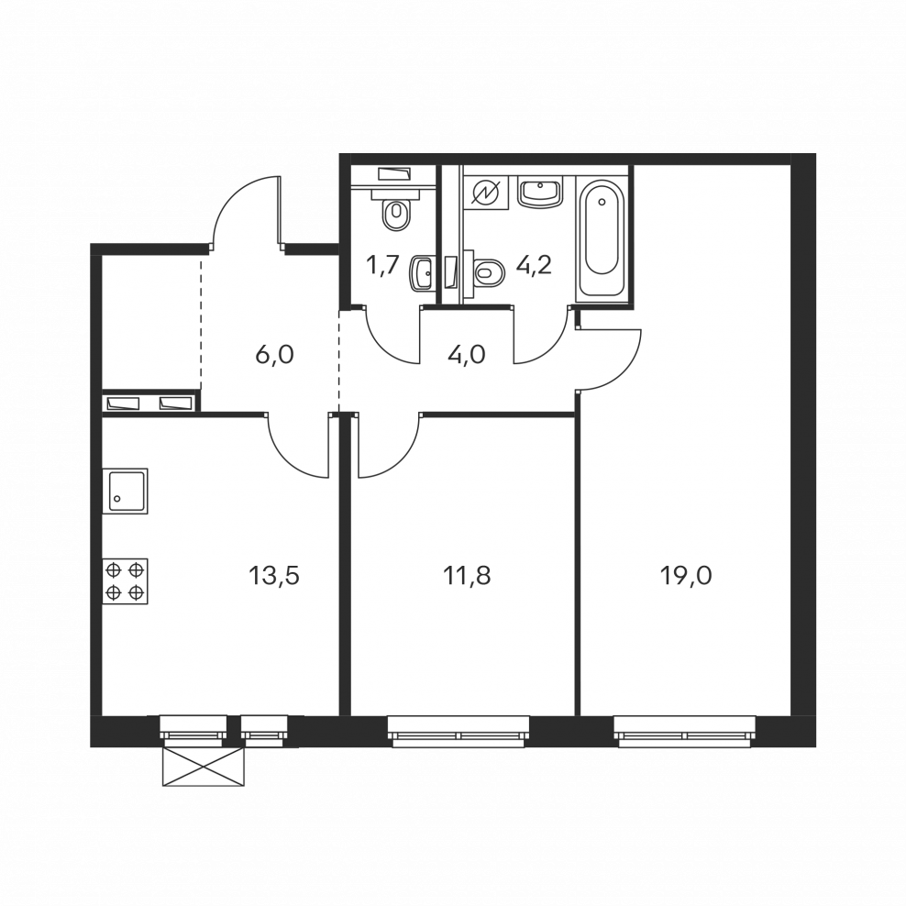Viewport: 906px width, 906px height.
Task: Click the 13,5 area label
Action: click(274, 576)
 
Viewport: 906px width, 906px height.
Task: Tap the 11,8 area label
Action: click(467, 576)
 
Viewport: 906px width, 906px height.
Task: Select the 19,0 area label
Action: click(686, 576)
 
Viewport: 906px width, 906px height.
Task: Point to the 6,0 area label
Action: click(274, 354)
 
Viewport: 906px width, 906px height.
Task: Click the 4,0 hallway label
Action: click(466, 354)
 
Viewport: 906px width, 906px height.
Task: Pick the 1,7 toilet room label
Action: click(382, 265)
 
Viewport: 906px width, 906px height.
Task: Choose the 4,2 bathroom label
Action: click(535, 266)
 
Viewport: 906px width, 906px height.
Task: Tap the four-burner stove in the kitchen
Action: click(125, 581)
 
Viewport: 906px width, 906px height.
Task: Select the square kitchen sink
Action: click(125, 492)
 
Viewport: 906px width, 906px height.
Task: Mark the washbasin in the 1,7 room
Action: click(421, 274)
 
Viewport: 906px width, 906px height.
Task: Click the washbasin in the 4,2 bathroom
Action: click(540, 193)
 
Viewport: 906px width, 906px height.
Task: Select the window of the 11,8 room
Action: click(459, 731)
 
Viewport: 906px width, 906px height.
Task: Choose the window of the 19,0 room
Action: click(685, 731)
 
